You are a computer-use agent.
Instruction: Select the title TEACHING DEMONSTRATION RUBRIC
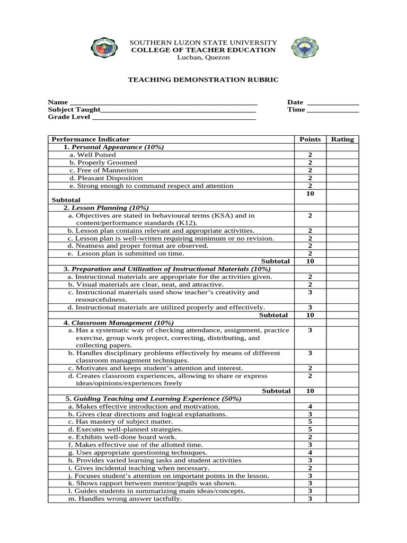pos(203,80)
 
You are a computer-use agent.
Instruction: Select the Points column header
pos(310,139)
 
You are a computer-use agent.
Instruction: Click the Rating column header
pos(342,139)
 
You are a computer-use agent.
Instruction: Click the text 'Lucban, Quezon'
pos(203,57)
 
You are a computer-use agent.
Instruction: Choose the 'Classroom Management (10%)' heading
pos(122,322)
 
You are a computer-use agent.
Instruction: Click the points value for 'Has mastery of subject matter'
pos(310,422)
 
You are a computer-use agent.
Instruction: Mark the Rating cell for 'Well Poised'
pos(342,155)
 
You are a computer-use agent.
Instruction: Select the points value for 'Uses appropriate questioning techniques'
pos(310,452)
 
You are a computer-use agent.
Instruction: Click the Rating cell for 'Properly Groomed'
pos(342,162)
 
